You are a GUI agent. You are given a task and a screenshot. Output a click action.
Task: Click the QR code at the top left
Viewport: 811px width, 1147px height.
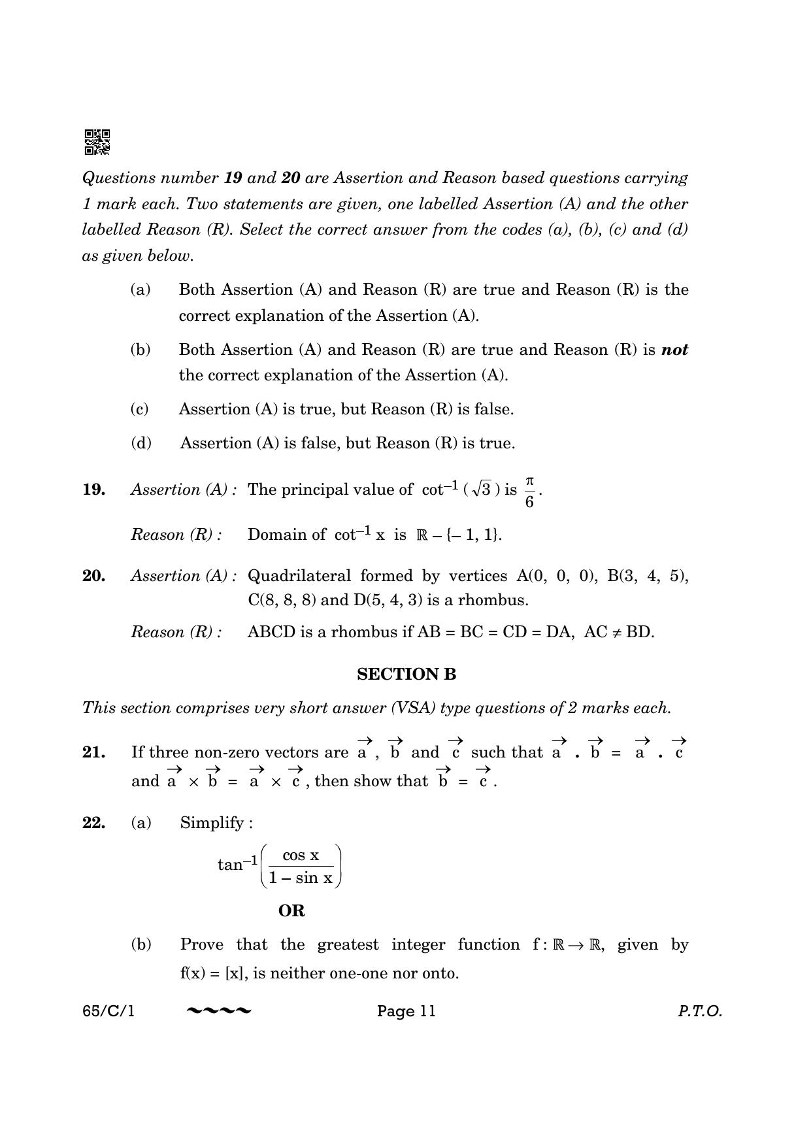[x=97, y=142]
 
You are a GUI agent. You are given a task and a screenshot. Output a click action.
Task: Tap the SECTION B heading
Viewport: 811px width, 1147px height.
[x=406, y=674]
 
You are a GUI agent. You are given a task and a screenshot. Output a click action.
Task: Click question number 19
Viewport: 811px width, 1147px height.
[x=94, y=490]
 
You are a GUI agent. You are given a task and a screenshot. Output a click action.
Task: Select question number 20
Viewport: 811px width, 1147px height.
[x=94, y=576]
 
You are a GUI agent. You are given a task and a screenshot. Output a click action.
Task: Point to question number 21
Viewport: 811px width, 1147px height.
[x=94, y=752]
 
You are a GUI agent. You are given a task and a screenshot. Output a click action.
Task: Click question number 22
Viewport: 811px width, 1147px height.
[x=94, y=822]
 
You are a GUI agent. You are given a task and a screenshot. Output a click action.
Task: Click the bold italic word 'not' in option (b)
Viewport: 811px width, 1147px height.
[x=674, y=350]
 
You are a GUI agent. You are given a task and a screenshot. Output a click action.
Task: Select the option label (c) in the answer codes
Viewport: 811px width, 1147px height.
[x=140, y=409]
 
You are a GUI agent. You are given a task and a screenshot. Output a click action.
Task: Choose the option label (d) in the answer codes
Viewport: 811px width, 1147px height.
[x=141, y=443]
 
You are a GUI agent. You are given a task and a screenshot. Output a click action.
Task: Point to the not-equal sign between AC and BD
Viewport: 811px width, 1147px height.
[x=616, y=632]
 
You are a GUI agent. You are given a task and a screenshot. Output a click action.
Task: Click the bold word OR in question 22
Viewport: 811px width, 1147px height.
[x=291, y=910]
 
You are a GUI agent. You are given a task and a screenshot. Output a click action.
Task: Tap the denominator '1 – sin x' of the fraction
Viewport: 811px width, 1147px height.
[x=301, y=878]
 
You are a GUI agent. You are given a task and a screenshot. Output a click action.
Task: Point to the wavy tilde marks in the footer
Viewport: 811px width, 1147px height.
[x=219, y=1011]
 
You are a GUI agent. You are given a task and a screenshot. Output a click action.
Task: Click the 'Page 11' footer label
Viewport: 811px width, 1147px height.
[x=406, y=1011]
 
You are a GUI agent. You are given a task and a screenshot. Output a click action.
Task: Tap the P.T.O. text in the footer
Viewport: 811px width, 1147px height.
[x=699, y=1011]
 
